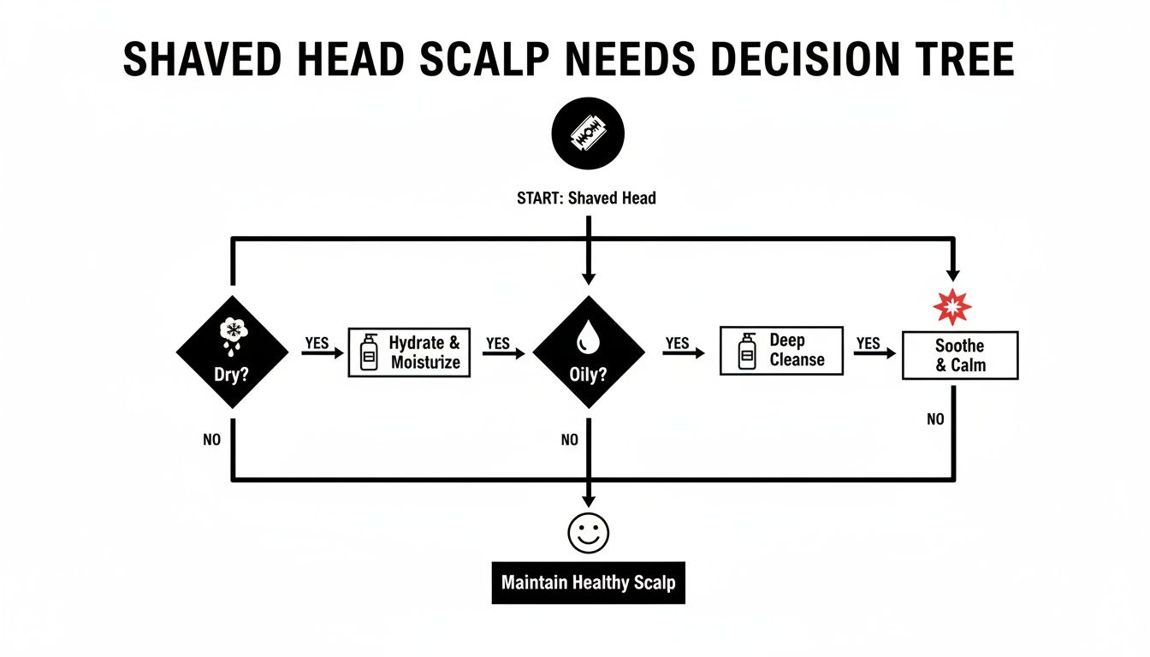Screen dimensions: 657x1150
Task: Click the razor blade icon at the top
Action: (x=588, y=134)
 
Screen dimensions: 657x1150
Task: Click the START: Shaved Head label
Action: (x=587, y=198)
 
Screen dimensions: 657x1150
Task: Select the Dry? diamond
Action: (x=232, y=352)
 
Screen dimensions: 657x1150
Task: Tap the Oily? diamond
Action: (x=588, y=352)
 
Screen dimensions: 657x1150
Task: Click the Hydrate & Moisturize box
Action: (x=409, y=352)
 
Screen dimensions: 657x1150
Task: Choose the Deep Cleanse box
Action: (x=781, y=350)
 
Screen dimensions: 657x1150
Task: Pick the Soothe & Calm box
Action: (x=960, y=356)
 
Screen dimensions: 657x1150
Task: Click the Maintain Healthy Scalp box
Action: (x=588, y=583)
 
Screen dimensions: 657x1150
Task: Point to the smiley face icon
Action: (x=588, y=532)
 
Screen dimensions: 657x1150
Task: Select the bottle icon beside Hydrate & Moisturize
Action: (x=370, y=352)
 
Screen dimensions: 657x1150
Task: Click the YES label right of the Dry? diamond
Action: (x=317, y=343)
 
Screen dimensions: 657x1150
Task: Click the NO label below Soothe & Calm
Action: (x=935, y=419)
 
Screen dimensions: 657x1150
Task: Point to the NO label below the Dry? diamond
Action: (x=212, y=440)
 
